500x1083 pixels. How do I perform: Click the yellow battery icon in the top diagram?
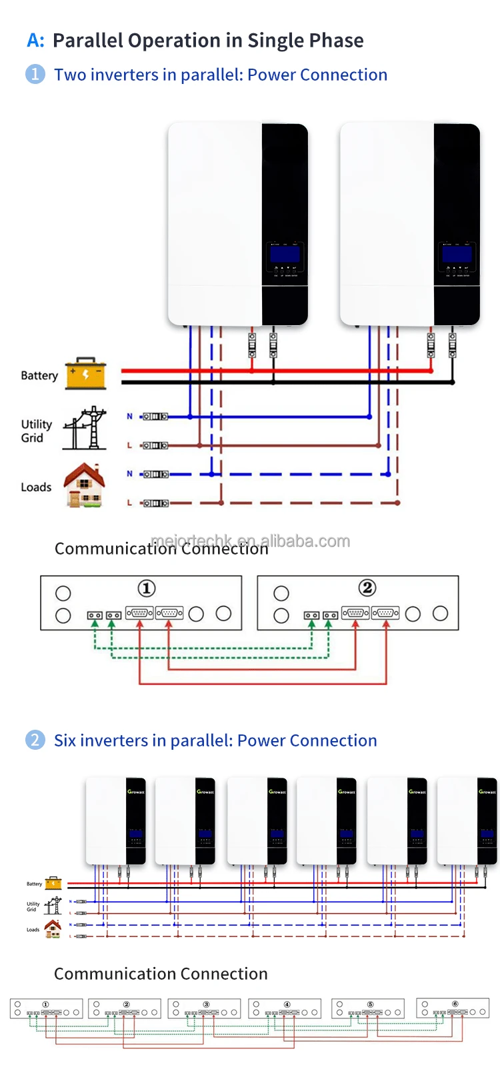pos(85,373)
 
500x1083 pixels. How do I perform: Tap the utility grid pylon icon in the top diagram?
pos(85,428)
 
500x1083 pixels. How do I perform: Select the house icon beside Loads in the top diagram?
pos(85,486)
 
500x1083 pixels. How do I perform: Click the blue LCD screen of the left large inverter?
pos(285,254)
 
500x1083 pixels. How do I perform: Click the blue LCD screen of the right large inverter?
pos(457,254)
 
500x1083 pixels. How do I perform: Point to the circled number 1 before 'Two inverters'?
pos(35,74)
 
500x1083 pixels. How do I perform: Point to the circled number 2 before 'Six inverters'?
pos(35,740)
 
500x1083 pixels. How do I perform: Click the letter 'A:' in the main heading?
pos(35,41)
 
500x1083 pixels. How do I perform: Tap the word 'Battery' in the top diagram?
pos(39,375)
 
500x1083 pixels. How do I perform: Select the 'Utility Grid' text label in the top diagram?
pos(36,431)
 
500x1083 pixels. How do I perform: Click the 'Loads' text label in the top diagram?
pos(36,487)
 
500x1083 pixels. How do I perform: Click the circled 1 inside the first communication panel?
pos(146,588)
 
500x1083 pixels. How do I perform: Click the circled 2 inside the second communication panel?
pos(367,588)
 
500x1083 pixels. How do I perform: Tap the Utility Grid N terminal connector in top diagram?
pos(155,417)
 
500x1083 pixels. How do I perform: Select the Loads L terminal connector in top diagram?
pos(155,503)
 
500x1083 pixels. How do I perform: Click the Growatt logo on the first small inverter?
pos(136,792)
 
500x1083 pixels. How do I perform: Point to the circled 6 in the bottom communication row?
pos(455,1004)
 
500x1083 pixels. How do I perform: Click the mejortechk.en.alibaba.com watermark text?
pos(251,541)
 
